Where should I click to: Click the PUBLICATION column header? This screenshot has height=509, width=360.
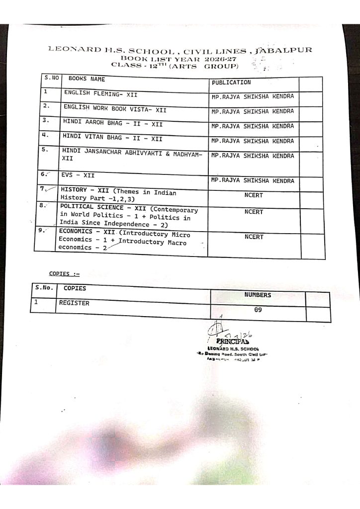231,83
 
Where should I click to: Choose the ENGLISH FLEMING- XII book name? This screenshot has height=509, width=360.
100,93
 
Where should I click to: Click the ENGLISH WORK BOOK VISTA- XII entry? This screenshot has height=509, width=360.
114,107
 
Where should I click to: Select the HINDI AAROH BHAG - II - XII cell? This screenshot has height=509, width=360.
112,121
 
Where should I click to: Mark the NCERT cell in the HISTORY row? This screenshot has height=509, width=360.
254,195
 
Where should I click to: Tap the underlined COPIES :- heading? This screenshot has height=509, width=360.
64,273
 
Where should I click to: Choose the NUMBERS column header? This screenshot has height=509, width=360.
258,295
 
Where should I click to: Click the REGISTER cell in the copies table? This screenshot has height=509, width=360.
74,302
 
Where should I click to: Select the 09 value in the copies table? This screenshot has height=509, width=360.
258,310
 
